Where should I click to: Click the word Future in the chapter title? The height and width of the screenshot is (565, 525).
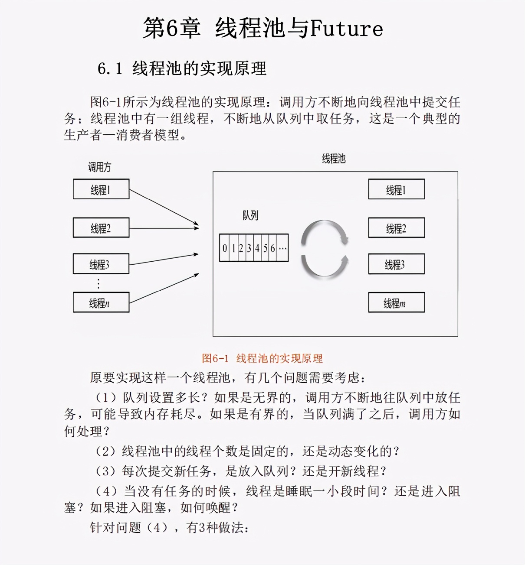tap(346, 29)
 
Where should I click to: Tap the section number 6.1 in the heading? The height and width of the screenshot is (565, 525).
tap(109, 69)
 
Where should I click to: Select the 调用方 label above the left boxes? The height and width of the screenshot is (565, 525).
tap(99, 167)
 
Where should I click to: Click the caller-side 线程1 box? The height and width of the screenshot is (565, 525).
tap(101, 189)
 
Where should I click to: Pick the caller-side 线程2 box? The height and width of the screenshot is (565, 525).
tap(101, 228)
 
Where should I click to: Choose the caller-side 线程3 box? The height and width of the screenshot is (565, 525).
tap(101, 264)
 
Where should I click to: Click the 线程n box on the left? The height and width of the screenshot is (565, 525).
tap(101, 302)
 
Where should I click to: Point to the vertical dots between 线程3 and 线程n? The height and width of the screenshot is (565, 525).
tap(98, 284)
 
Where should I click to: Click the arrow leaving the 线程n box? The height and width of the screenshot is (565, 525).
tap(164, 289)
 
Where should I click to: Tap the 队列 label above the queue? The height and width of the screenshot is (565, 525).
tap(250, 215)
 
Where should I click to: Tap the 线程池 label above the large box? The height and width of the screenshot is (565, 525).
tap(334, 159)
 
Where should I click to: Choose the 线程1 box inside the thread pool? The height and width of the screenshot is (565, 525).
tap(396, 189)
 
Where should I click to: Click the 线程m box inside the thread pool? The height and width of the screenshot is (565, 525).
tap(396, 302)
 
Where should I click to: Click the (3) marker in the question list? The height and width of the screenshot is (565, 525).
tap(105, 471)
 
